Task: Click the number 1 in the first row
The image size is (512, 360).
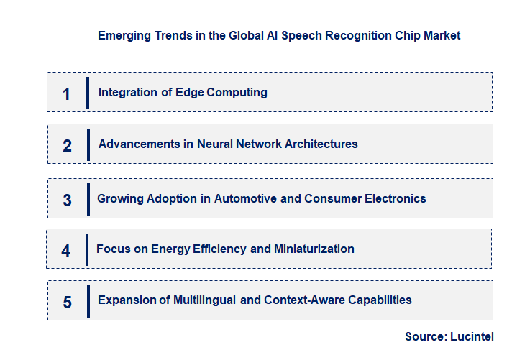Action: [67, 93]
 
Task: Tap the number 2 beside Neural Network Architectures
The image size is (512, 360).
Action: [67, 146]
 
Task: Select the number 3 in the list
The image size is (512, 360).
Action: [67, 200]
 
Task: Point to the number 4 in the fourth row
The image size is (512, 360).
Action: [66, 251]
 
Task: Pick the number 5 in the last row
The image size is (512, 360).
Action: [67, 302]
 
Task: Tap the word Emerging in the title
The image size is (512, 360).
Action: [122, 35]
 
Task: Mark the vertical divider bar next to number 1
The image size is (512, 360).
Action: [87, 93]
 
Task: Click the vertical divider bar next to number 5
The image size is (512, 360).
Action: [88, 300]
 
